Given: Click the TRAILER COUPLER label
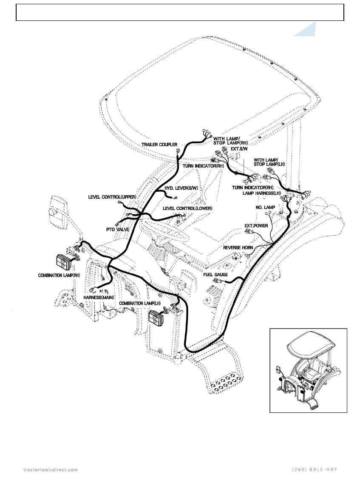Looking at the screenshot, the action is click(159, 145).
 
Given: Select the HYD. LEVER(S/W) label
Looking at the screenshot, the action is click(181, 188).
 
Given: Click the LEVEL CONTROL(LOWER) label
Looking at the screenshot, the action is click(187, 208).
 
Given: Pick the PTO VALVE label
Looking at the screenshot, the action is click(118, 230).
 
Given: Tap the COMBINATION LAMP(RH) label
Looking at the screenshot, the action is click(59, 276).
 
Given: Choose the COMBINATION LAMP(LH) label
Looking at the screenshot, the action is click(140, 303).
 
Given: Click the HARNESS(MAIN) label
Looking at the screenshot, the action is click(99, 297).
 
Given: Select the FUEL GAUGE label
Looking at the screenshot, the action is click(215, 275).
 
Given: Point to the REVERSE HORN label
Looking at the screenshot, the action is click(238, 247).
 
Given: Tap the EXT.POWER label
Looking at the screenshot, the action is click(256, 226).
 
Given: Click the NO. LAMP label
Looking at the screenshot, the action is click(265, 207).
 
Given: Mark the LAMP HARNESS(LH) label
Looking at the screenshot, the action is click(262, 193).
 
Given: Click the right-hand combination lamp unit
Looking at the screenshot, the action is click(65, 262).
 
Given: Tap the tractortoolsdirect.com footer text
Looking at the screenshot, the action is click(51, 469).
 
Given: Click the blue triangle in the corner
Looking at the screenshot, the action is click(307, 31).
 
